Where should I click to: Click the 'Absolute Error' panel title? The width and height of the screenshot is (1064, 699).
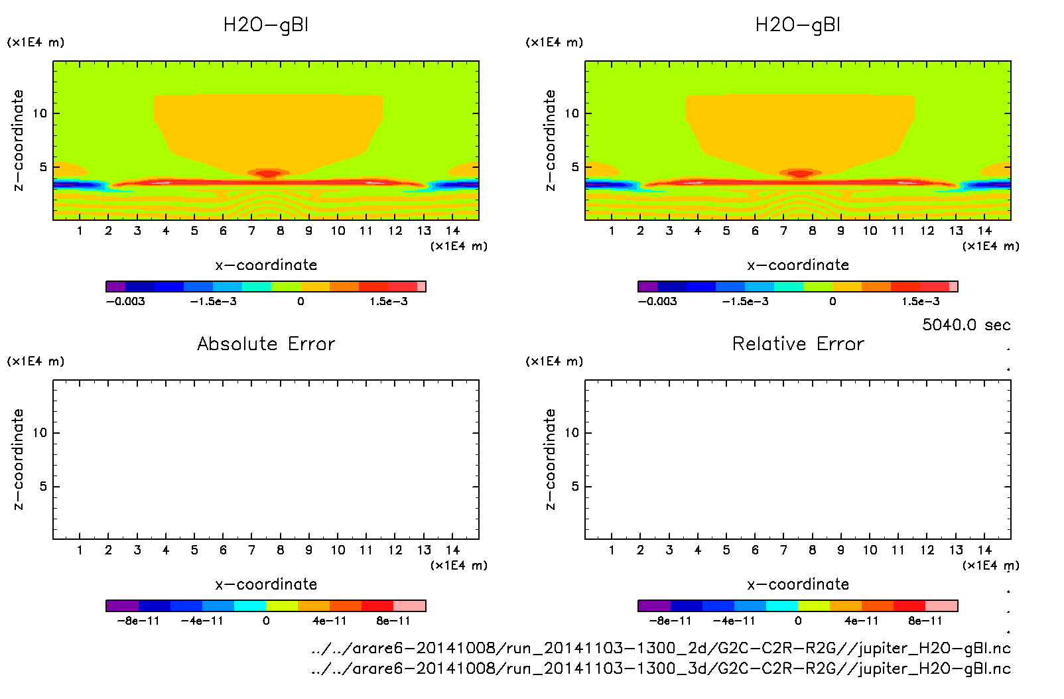[x=266, y=344]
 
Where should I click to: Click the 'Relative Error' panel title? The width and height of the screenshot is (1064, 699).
[x=798, y=344]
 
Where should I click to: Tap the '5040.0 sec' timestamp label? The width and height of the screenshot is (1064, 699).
[x=966, y=325]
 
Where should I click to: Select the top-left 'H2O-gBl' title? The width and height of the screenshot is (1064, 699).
[x=266, y=25]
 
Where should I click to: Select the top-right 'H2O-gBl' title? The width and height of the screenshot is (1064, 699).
[x=798, y=25]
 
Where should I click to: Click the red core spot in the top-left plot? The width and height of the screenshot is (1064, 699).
[x=268, y=174]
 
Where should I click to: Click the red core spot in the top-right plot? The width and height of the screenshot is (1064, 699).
[x=800, y=174]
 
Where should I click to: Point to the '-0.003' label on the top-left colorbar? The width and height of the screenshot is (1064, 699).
[x=125, y=301]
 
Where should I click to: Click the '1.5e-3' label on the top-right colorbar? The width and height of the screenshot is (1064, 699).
[x=920, y=301]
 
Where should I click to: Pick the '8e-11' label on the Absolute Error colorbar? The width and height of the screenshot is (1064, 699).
[x=393, y=621]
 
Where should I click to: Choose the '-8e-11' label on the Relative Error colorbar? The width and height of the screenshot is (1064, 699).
[x=670, y=621]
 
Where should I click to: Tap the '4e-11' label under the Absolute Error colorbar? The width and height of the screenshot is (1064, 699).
[x=330, y=621]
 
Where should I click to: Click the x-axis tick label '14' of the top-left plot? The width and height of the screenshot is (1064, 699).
[x=452, y=231]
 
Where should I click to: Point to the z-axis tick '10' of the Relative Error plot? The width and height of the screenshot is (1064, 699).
[x=572, y=433]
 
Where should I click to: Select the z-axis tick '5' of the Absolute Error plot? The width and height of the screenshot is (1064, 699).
[x=43, y=487]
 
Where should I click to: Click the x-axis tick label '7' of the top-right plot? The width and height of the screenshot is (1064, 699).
[x=783, y=231]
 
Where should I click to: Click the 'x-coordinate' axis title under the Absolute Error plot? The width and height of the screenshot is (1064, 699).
[x=266, y=584]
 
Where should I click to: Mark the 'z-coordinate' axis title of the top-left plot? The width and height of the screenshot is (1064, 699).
[x=18, y=141]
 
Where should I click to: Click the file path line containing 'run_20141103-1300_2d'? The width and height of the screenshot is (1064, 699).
[x=661, y=649]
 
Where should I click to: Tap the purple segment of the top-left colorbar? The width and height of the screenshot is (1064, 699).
[x=115, y=286]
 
